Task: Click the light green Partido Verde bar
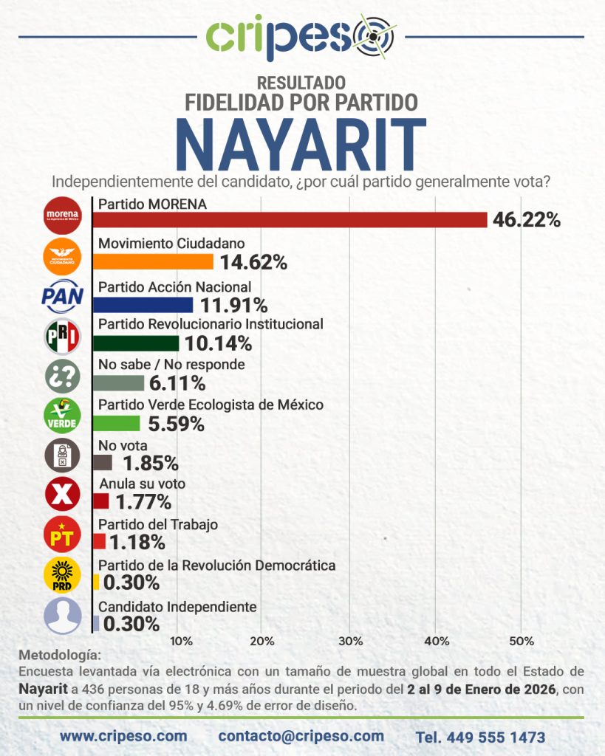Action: (118, 423)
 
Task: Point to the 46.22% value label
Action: (527, 220)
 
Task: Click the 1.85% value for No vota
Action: (150, 464)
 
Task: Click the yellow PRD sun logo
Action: (63, 577)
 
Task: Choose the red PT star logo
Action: (63, 537)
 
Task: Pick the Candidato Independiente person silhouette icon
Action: (63, 616)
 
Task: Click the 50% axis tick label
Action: (522, 640)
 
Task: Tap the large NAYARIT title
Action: (301, 144)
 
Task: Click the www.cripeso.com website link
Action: (123, 736)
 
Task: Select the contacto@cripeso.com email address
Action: (301, 736)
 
